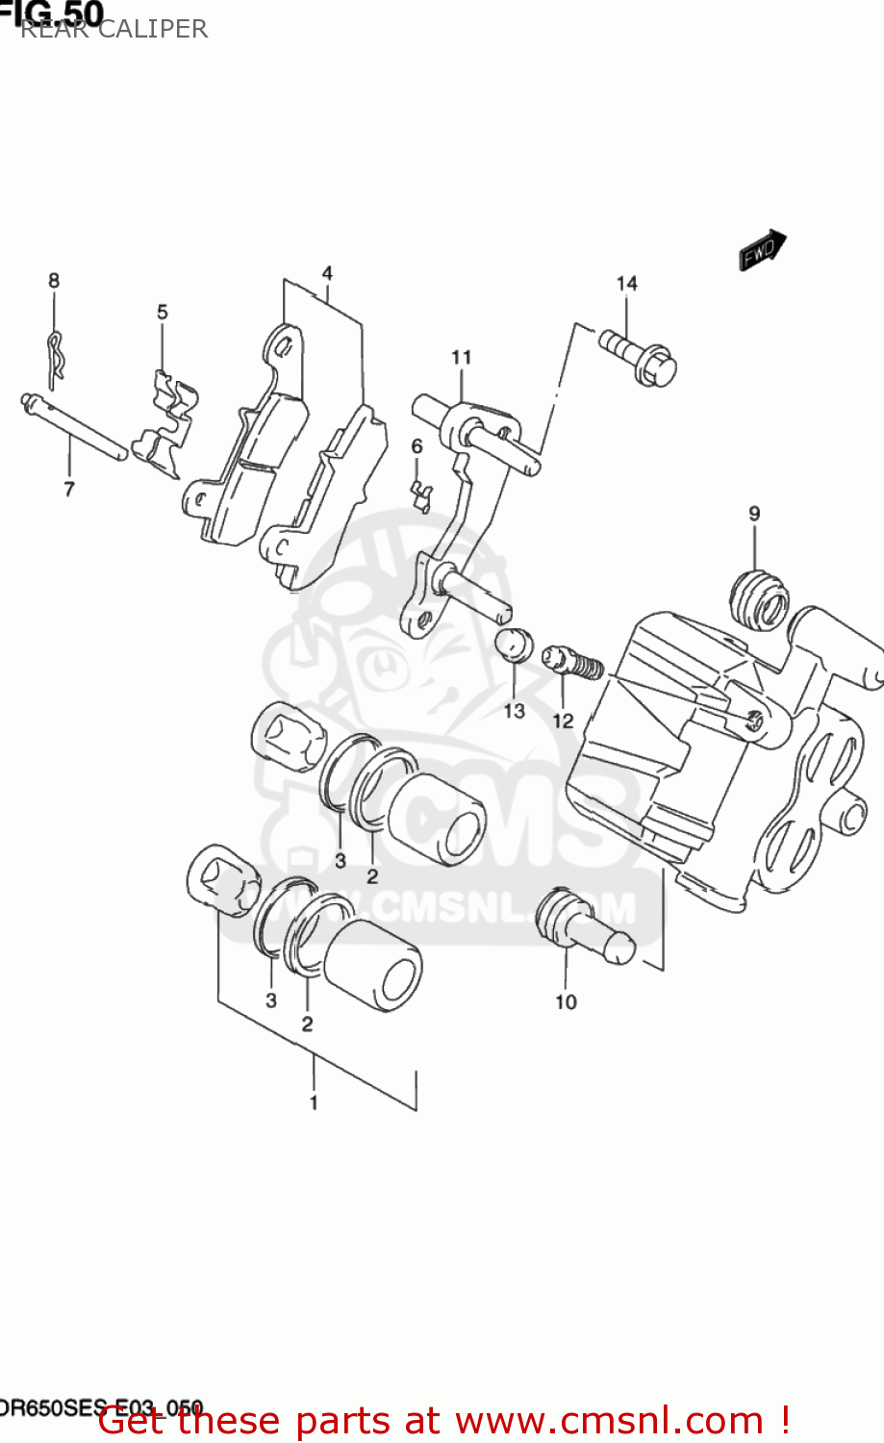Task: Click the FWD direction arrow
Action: coord(763,251)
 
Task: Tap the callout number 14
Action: coord(626,283)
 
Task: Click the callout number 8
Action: coord(54,280)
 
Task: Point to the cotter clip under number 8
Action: coord(58,356)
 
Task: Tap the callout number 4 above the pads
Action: coord(327,273)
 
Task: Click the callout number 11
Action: coord(462,357)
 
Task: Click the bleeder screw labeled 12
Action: coord(574,663)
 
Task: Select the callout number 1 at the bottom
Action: coord(314,1102)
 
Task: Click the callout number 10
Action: coord(566,1001)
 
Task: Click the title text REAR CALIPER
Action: coord(114,29)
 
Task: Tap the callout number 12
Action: coord(563,720)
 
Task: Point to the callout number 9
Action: coord(754,513)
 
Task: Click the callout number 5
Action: coord(163,312)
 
